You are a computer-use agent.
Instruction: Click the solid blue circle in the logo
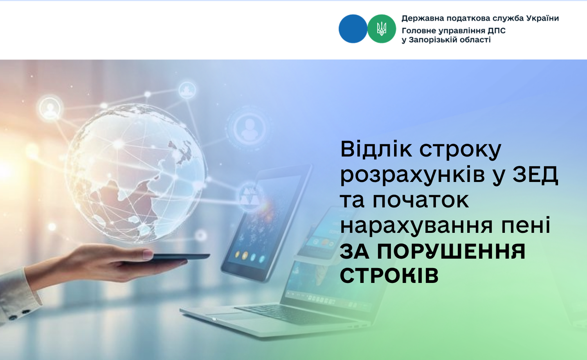coord(353,29)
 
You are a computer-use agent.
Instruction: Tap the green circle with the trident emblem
coord(382,29)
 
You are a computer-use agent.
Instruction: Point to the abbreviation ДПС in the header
coord(497,31)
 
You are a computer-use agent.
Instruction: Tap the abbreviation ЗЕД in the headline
coord(535,175)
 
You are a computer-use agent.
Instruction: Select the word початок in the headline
coord(421,201)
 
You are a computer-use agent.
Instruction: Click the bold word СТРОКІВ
coord(389,275)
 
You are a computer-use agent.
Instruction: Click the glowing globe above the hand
coord(135,173)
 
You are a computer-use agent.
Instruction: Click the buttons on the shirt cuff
coord(19,314)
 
